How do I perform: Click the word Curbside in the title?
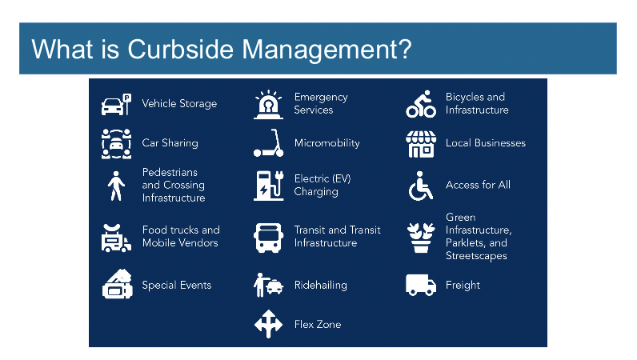(x=180, y=49)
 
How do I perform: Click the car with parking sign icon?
(x=116, y=104)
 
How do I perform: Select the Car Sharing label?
(x=170, y=143)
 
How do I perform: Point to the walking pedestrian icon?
(x=116, y=186)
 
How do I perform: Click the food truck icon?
(x=116, y=238)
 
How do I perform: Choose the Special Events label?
(x=177, y=286)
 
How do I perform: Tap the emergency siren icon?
(x=268, y=104)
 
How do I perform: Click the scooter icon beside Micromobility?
(x=268, y=143)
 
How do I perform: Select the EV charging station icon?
(x=269, y=186)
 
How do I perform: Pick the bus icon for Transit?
(x=268, y=238)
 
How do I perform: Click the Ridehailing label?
(x=321, y=286)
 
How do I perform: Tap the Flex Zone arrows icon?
(x=268, y=324)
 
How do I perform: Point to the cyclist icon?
(x=421, y=104)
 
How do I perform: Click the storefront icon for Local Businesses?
(x=421, y=144)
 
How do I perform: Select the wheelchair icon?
(x=421, y=186)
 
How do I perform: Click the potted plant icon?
(x=421, y=238)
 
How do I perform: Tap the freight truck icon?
(x=421, y=285)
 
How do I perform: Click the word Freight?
(x=463, y=286)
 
